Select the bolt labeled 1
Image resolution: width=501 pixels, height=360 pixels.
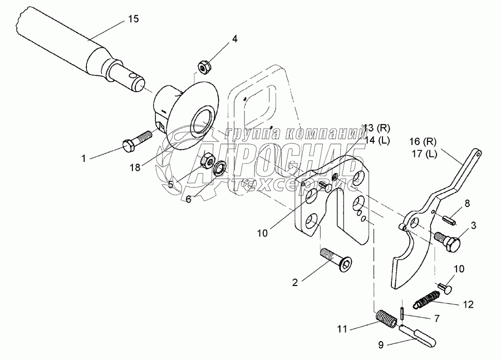pos(135,141)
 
